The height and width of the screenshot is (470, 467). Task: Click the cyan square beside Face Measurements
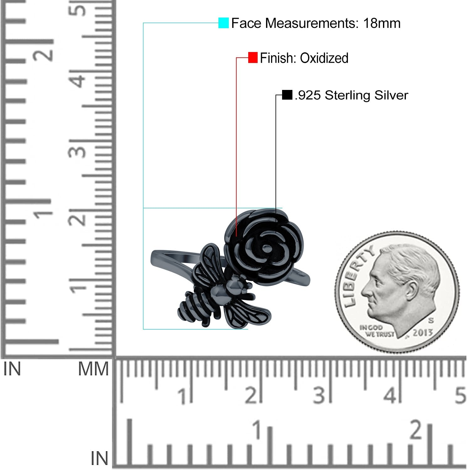coord(223,23)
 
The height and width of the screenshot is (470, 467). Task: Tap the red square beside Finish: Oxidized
coord(253,58)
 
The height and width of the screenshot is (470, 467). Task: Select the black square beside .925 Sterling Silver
coord(287,95)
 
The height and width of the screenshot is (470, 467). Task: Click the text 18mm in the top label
coord(382,23)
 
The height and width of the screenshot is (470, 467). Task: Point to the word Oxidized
coord(324,58)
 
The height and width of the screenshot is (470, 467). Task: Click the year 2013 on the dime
coord(422,333)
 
